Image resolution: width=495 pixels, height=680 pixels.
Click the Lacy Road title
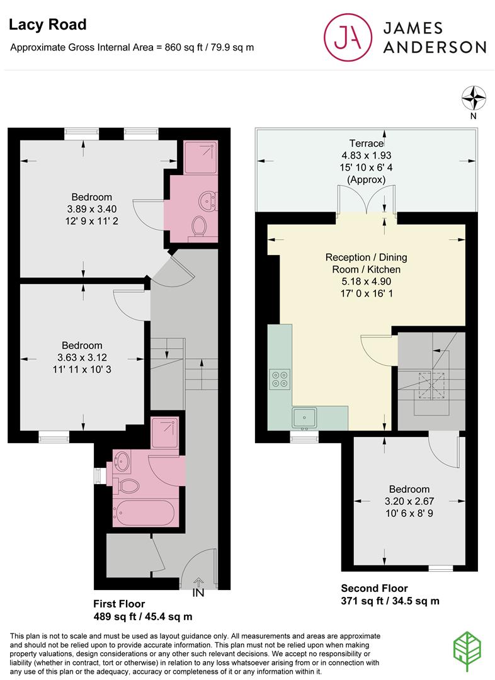(x=48, y=25)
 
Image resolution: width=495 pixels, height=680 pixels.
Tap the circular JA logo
(x=348, y=37)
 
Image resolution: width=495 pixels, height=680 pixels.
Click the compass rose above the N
(x=474, y=98)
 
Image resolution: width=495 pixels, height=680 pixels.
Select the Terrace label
(x=367, y=143)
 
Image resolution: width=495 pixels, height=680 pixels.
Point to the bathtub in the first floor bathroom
(x=144, y=513)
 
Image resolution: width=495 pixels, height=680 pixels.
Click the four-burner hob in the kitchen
(x=280, y=378)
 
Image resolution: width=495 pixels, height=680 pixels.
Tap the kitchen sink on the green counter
(x=305, y=419)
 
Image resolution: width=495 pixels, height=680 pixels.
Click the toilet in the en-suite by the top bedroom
(x=199, y=227)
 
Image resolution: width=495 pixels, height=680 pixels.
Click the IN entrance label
(x=198, y=592)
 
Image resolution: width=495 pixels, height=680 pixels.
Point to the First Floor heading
(x=119, y=604)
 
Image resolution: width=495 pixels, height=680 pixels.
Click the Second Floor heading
(x=374, y=589)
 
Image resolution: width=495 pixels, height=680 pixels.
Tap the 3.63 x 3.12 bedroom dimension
(x=82, y=358)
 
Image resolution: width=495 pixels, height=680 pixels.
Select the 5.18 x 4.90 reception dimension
(x=367, y=281)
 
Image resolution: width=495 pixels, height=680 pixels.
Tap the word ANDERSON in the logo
(x=435, y=47)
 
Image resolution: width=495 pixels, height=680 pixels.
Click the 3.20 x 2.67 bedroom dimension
(x=409, y=501)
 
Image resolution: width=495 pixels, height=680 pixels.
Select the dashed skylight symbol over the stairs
(x=431, y=385)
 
